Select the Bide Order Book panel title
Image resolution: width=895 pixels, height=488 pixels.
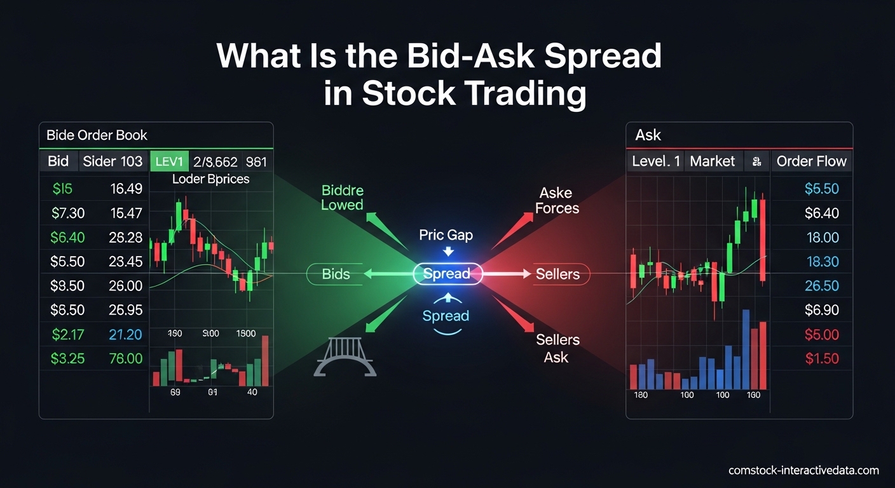97,135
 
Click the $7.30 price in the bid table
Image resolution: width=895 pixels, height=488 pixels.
67,213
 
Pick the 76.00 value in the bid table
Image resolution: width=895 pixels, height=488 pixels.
125,358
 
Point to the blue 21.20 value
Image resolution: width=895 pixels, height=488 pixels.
125,334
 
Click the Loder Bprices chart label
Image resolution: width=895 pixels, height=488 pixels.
210,179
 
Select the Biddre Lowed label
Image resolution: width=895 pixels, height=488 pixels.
343,197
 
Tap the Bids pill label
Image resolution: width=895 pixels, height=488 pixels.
336,274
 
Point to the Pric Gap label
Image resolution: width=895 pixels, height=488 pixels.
446,235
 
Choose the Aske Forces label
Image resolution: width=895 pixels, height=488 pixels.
557,200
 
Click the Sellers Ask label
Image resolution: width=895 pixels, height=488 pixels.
557,348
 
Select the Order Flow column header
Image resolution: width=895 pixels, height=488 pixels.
812,161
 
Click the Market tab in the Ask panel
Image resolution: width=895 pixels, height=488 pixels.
712,161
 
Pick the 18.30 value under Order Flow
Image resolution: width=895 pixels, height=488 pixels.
822,262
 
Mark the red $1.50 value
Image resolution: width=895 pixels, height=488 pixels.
822,358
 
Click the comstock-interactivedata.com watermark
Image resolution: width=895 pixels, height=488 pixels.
803,471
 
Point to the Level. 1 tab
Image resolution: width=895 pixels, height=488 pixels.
656,161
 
